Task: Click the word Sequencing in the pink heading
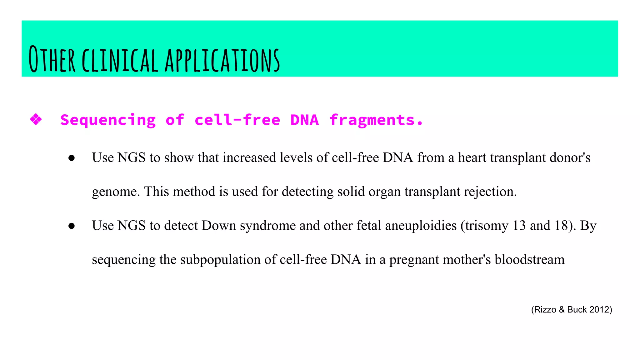108,120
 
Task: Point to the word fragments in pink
376,120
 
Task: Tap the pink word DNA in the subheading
304,120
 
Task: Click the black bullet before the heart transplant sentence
72,158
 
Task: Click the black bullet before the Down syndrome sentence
72,226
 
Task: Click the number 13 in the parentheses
519,225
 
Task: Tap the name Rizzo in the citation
545,309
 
